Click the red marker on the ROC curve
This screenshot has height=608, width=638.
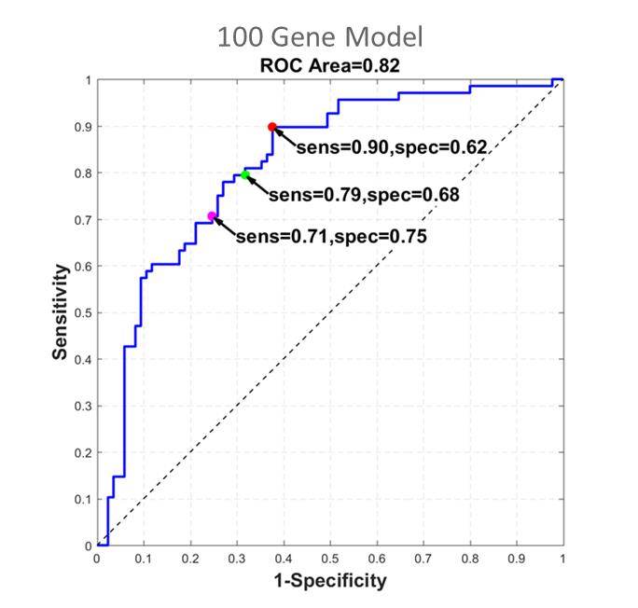[x=272, y=127]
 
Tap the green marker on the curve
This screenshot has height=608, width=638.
[x=245, y=174]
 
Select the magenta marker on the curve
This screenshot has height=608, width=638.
[x=212, y=216]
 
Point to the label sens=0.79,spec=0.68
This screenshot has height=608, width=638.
[x=364, y=196]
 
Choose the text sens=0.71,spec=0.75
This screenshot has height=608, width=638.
[x=331, y=237]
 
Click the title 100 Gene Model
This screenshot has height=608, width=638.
[x=320, y=37]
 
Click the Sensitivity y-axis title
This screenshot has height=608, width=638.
[x=60, y=313]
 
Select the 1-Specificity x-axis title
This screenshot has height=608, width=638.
[x=328, y=581]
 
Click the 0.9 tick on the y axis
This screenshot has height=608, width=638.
[x=82, y=127]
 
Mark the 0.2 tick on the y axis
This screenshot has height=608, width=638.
[x=82, y=453]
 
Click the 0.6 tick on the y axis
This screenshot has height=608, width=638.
[x=82, y=267]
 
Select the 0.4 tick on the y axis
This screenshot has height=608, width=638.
[x=82, y=360]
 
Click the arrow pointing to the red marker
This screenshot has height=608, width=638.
[x=284, y=137]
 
